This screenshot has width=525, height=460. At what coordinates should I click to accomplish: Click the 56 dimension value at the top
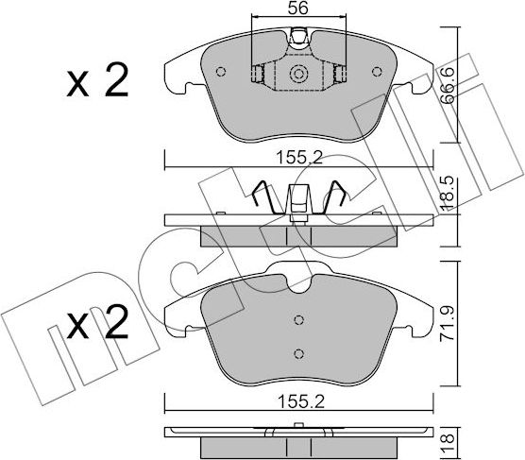point(298,8)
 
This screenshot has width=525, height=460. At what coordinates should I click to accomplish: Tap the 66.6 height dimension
point(448,85)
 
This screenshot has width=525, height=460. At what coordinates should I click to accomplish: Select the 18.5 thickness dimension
point(448,194)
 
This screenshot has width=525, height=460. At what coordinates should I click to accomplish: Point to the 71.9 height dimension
point(448,323)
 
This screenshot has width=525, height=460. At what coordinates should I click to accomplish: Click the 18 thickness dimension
point(448,443)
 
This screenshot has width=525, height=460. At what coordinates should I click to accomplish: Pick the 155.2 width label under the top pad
point(299,158)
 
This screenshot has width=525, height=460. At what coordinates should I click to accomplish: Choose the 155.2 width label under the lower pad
point(301,401)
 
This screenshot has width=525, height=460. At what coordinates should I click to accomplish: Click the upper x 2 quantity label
point(97,80)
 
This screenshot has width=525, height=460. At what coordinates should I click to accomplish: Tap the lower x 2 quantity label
point(97,322)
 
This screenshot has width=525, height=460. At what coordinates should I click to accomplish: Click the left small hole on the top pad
point(220,72)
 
